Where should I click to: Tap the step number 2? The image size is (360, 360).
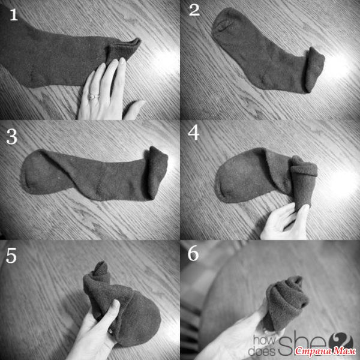point(194,11)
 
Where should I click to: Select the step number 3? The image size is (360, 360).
point(12,136)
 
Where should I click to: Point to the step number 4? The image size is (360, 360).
point(193,133)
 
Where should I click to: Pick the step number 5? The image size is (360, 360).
point(11,256)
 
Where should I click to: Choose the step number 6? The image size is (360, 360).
point(193,254)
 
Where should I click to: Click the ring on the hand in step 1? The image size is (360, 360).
point(93,97)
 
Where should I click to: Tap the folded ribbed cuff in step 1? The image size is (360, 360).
point(122,50)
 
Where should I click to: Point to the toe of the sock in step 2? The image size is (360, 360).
point(224,22)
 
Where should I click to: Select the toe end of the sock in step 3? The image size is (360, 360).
point(34,172)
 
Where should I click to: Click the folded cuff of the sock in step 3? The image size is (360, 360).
point(156,172)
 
